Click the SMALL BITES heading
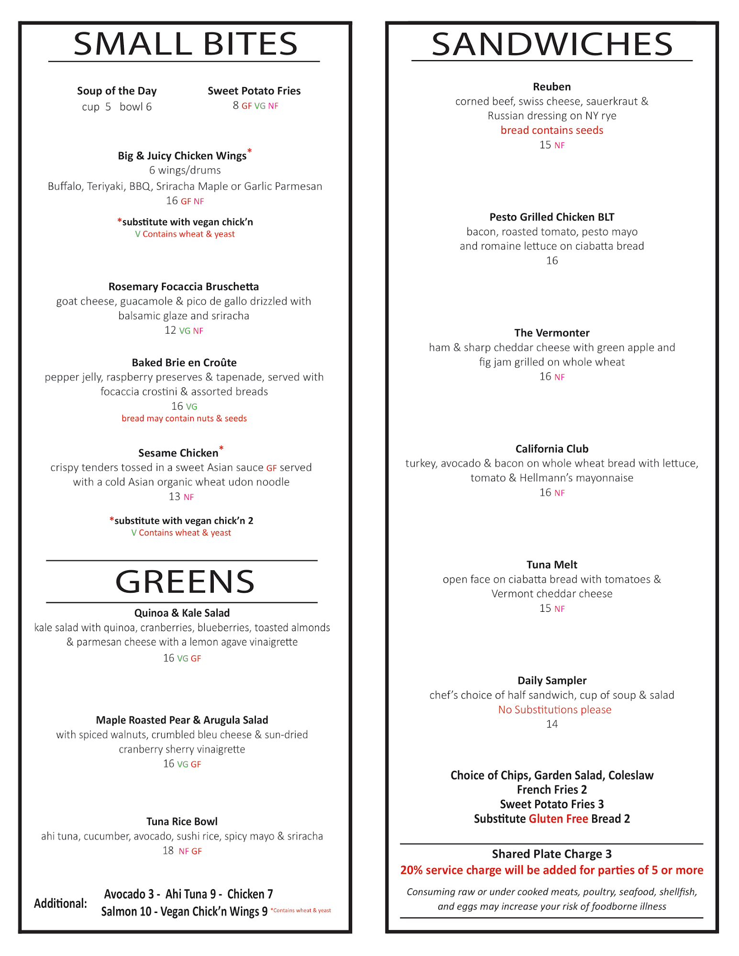[x=186, y=44]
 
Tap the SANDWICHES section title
[x=552, y=44]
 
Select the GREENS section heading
[x=185, y=582]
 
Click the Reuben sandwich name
[x=551, y=87]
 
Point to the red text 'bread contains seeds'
[x=551, y=130]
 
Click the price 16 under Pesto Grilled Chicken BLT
[x=551, y=261]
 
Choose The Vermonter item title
[x=551, y=333]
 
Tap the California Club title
[x=551, y=449]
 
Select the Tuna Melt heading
[x=551, y=565]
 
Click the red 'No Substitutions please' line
[x=554, y=709]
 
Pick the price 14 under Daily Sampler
[x=551, y=724]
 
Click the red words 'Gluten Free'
[x=558, y=819]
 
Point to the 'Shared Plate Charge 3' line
[x=551, y=854]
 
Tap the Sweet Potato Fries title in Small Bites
[x=254, y=91]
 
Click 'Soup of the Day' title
[x=117, y=91]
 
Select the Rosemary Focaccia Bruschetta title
[x=184, y=286]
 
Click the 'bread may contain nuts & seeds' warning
[x=184, y=418]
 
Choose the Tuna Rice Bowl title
[x=182, y=821]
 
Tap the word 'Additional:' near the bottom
[x=60, y=903]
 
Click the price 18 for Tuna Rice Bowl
[x=168, y=850]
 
